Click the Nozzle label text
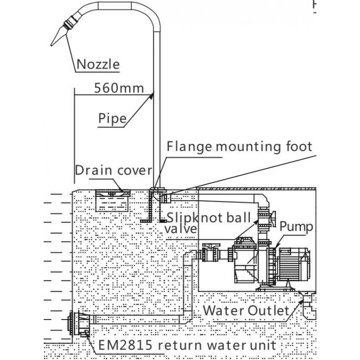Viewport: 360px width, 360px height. click(x=98, y=64)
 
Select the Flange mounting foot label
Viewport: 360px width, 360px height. click(x=239, y=147)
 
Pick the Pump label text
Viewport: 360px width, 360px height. click(x=296, y=226)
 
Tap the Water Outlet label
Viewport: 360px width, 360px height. click(x=245, y=310)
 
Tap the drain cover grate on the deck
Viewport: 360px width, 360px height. click(x=114, y=193)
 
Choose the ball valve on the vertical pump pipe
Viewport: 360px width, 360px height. click(x=263, y=219)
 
